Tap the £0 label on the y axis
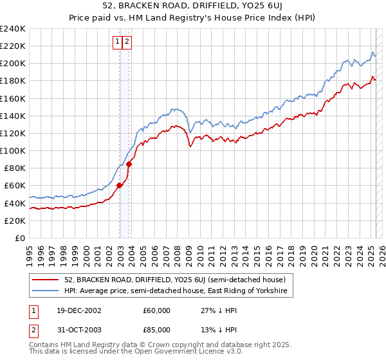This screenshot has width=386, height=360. pyautogui.click(x=21, y=238)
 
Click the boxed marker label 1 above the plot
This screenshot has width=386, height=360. pyautogui.click(x=118, y=42)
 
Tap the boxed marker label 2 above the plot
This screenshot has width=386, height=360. pyautogui.click(x=127, y=42)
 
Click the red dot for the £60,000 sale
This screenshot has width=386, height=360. pyautogui.click(x=120, y=186)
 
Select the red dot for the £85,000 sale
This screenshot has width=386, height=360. pyautogui.click(x=129, y=164)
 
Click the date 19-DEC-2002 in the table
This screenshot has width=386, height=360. pyautogui.click(x=78, y=310)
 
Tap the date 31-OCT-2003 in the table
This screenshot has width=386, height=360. pyautogui.click(x=78, y=331)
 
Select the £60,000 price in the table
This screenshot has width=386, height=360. pyautogui.click(x=156, y=310)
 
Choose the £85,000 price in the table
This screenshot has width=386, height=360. pyautogui.click(x=156, y=331)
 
